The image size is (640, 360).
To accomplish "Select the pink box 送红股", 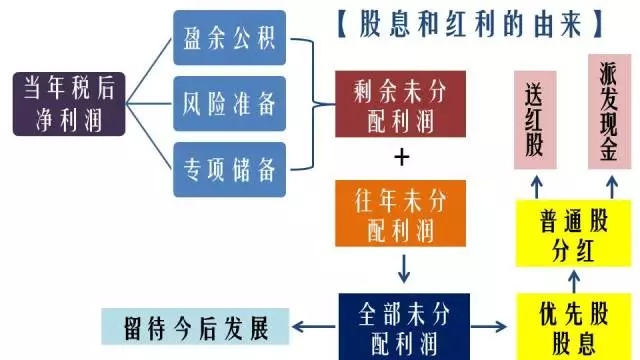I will tap(535, 118).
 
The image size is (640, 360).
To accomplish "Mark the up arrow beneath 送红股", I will tap(536, 184).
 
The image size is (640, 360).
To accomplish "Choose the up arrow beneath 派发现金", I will tap(609, 184).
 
